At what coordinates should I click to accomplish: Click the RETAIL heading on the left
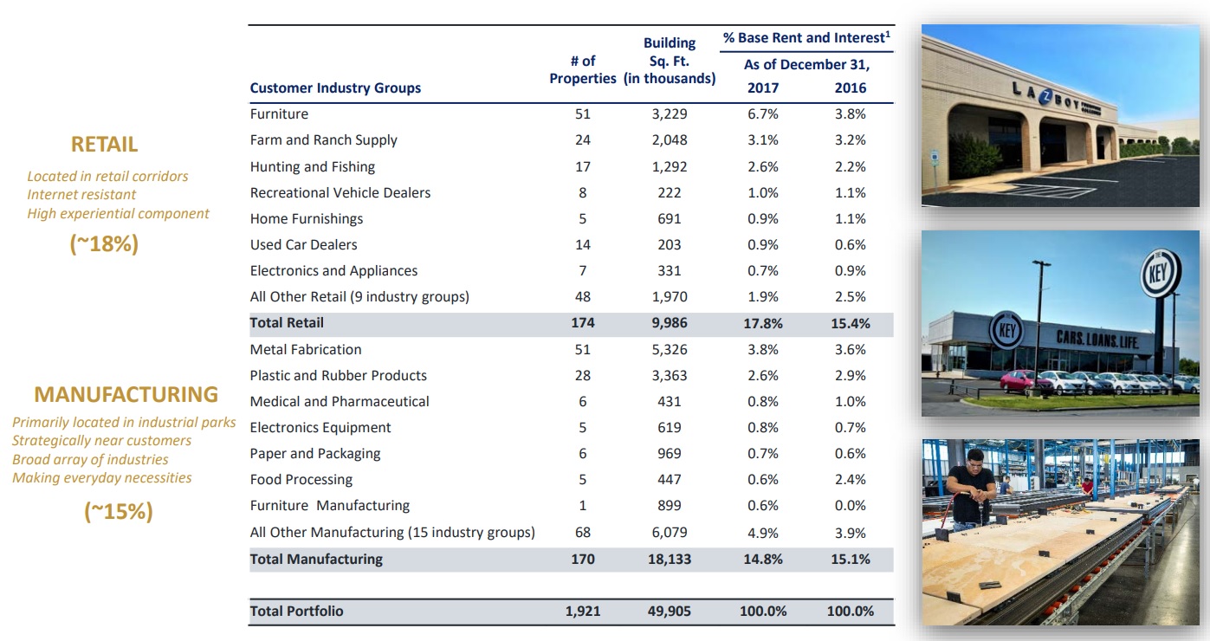(104, 144)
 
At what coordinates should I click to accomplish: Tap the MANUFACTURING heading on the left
(126, 395)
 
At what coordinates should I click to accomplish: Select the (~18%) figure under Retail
(104, 244)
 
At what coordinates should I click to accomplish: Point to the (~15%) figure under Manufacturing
(119, 512)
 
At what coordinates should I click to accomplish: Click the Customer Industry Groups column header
(335, 87)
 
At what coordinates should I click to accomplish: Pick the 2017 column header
(762, 87)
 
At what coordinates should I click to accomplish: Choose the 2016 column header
(850, 87)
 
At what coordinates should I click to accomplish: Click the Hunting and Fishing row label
(312, 166)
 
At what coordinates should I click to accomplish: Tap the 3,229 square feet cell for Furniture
(669, 113)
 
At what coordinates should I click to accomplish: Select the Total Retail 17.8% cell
(762, 323)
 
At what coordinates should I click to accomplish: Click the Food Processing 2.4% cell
(850, 479)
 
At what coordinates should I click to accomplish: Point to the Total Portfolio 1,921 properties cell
(582, 611)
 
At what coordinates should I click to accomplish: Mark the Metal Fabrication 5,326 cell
(669, 349)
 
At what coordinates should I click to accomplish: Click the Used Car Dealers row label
(303, 244)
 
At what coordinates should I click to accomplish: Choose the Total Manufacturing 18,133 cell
(669, 559)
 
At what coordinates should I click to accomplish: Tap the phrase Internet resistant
(81, 195)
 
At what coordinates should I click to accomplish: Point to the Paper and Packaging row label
(314, 453)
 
